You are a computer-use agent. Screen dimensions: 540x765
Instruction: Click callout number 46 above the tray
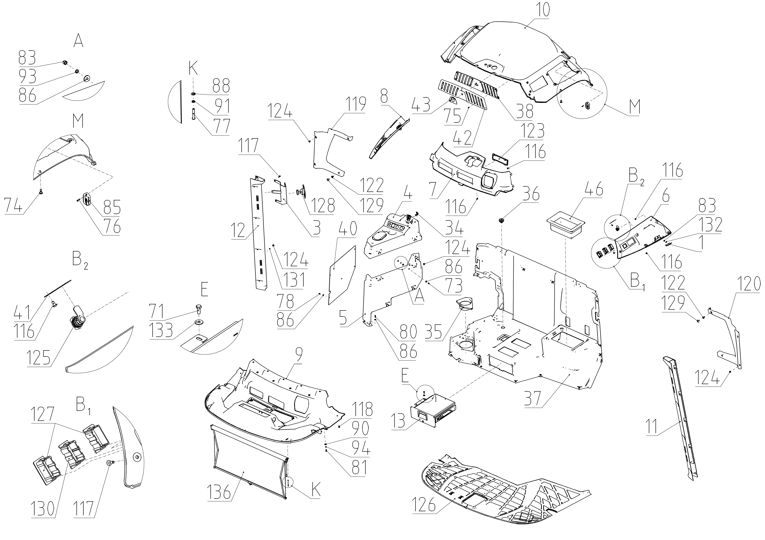pos(593,189)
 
